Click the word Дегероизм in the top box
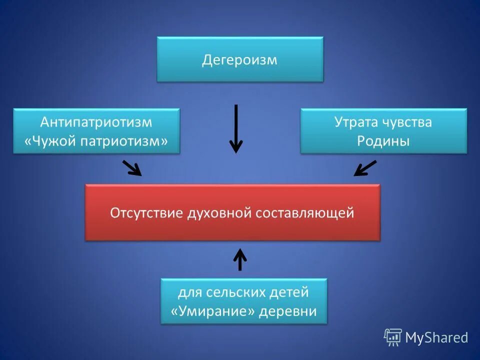point(239,60)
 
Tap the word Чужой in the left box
point(53,141)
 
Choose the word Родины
point(383,141)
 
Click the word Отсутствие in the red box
point(146,213)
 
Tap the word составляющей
point(304,213)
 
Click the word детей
point(289,292)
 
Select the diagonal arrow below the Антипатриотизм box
point(132,168)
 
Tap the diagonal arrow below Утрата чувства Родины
point(365,168)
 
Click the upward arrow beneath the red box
point(240,259)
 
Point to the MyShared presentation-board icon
point(392,337)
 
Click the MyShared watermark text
point(436,338)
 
